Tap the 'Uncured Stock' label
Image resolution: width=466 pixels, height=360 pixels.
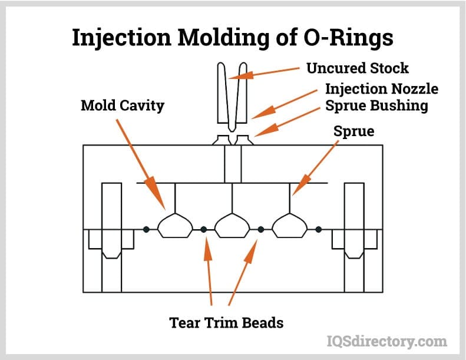pyautogui.click(x=357, y=68)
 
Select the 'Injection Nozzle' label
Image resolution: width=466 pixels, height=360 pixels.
pyautogui.click(x=382, y=89)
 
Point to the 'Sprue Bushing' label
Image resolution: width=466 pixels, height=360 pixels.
pyautogui.click(x=376, y=106)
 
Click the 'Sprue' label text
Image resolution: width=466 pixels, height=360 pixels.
pyautogui.click(x=353, y=131)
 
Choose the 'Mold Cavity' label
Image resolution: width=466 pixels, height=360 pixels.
pyautogui.click(x=123, y=106)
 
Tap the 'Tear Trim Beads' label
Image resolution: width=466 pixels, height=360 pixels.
pyautogui.click(x=226, y=322)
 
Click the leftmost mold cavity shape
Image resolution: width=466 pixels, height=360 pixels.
pyautogui.click(x=175, y=226)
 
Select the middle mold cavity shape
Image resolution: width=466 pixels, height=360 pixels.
pyautogui.click(x=232, y=226)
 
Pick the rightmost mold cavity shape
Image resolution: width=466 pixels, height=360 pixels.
pyautogui.click(x=289, y=226)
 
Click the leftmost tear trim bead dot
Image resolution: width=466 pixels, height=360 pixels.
pyautogui.click(x=146, y=229)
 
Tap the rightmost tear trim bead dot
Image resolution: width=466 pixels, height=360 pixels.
pyautogui.click(x=318, y=229)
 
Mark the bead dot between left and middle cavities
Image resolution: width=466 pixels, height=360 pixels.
pyautogui.click(x=203, y=229)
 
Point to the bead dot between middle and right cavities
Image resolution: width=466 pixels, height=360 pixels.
pyautogui.click(x=261, y=229)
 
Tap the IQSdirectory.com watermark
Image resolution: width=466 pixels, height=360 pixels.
pyautogui.click(x=386, y=341)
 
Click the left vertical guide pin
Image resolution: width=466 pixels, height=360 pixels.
pyautogui.click(x=111, y=236)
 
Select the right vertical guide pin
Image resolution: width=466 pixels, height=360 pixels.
pyautogui.click(x=353, y=236)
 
